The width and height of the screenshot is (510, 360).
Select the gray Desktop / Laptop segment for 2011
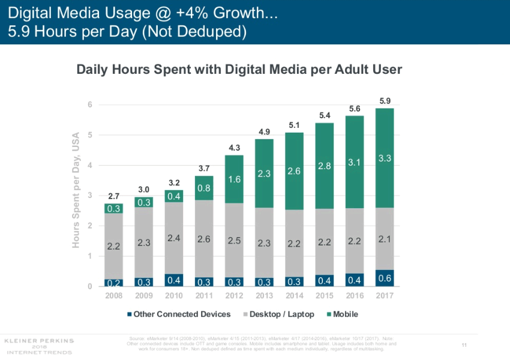click(x=204, y=238)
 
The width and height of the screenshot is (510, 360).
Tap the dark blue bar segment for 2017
click(x=385, y=278)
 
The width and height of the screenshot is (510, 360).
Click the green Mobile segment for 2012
click(x=234, y=179)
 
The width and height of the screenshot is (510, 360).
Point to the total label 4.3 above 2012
click(x=234, y=148)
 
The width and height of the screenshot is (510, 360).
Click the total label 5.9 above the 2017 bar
click(x=385, y=101)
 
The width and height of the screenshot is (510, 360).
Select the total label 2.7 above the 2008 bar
click(x=114, y=196)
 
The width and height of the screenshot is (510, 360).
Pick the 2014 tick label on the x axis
click(x=294, y=296)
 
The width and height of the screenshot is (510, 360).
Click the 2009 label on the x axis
click(x=144, y=296)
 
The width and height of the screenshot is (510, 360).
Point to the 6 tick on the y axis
click(x=89, y=104)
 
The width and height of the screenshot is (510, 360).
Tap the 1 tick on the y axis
click(x=89, y=256)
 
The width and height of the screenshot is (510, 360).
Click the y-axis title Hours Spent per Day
click(x=76, y=189)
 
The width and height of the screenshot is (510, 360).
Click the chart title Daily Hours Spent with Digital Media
click(x=239, y=70)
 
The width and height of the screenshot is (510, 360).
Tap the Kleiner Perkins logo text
click(x=39, y=341)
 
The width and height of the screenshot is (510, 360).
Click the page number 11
click(x=464, y=344)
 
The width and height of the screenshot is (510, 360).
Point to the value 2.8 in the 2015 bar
click(x=325, y=166)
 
